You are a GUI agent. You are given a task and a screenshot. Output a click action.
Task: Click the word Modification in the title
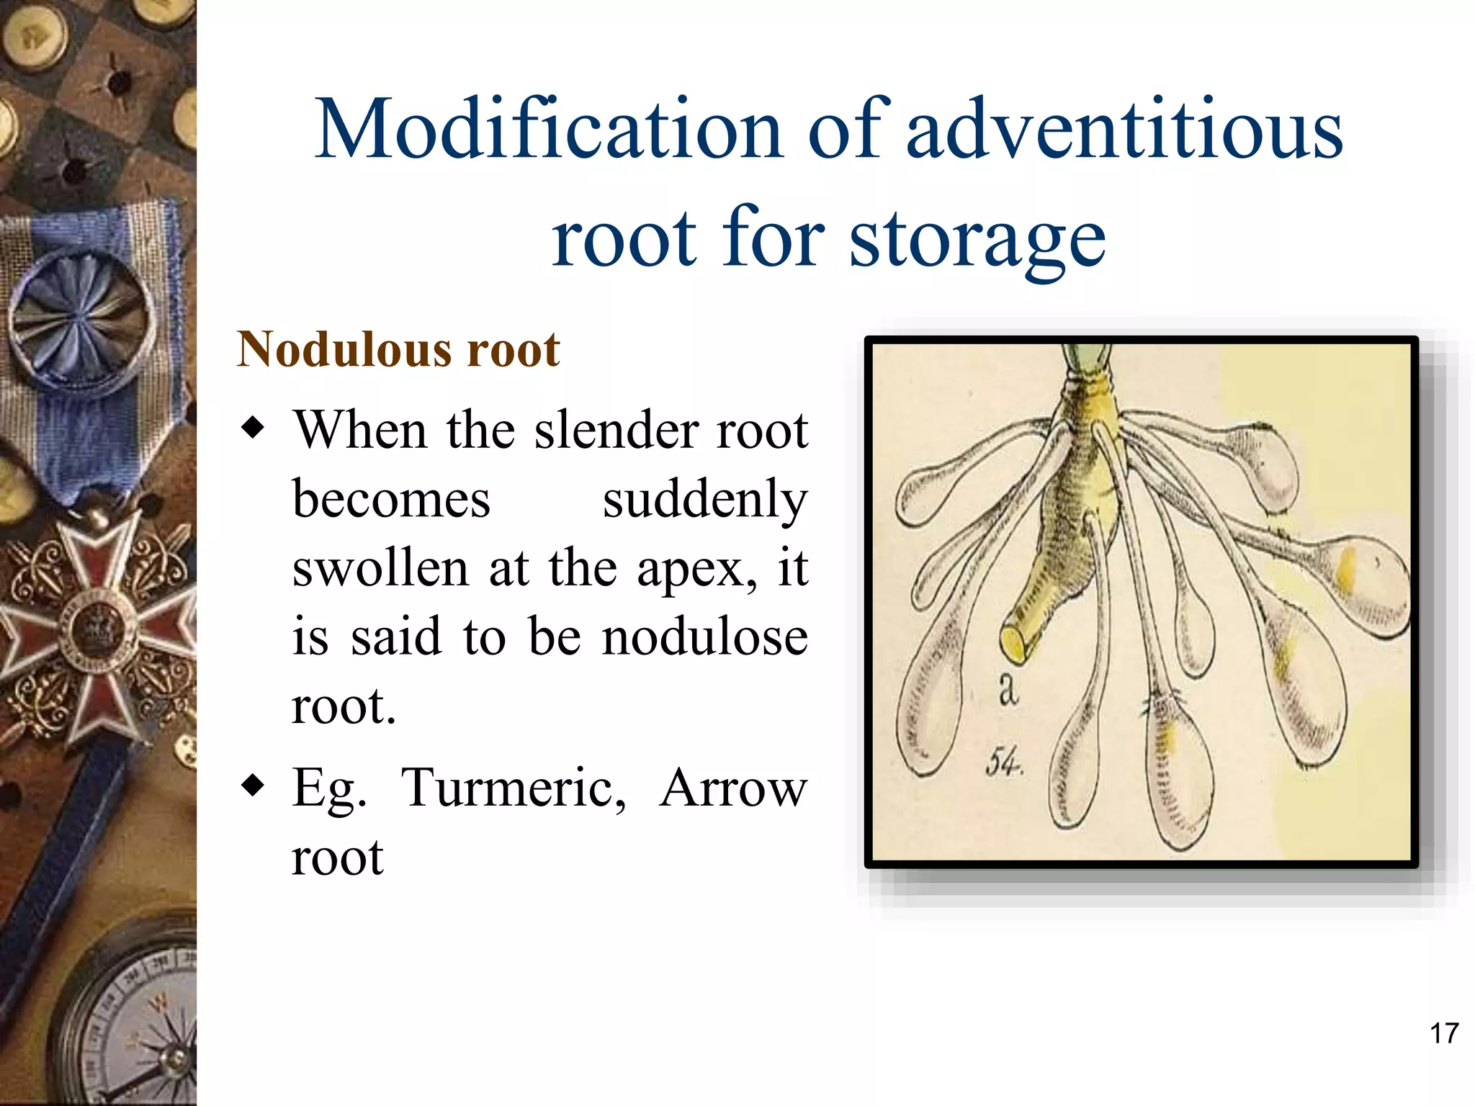point(549,130)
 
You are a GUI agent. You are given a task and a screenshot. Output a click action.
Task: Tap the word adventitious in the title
point(1124,130)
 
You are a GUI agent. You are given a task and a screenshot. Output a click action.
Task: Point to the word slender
point(616,431)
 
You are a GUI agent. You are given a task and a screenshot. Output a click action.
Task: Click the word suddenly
point(705,500)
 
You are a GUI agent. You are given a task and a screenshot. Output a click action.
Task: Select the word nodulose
point(705,637)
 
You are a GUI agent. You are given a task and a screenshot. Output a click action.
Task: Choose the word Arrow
point(733,788)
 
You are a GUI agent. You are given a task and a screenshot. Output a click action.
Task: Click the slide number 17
point(1443,1033)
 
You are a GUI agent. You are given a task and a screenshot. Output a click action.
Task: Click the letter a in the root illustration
point(1008,689)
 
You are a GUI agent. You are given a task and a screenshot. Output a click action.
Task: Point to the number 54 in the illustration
point(1004,761)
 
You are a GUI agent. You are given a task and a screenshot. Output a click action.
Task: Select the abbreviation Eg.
point(329,789)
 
